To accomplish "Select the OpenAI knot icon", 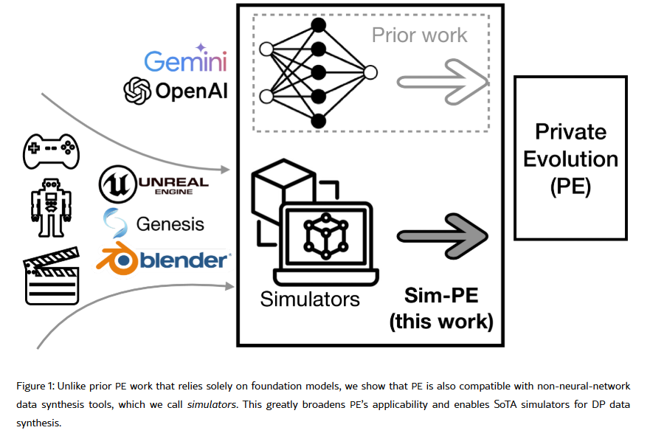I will tap(136, 91).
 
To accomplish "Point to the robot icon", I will tap(49, 207).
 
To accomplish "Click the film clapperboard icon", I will tap(52, 280).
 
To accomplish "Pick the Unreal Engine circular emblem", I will tap(114, 183).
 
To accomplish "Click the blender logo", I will tap(166, 260).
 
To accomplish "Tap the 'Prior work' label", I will tap(419, 35).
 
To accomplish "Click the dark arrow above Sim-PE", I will tap(443, 235).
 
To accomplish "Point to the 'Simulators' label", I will tap(310, 299).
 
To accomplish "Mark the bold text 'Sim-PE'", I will tap(441, 296).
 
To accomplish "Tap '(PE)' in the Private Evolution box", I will tap(571, 186).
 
